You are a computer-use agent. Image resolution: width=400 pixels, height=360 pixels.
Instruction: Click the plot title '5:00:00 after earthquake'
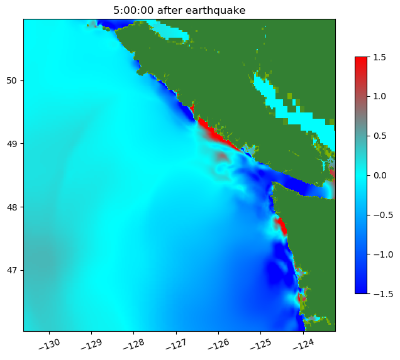[x=179, y=10]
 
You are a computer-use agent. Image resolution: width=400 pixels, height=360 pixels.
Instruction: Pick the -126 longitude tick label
[x=219, y=344]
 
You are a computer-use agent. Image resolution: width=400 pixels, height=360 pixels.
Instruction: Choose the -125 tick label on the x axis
[x=261, y=344]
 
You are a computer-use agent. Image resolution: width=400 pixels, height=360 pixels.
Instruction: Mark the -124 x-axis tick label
[x=304, y=344]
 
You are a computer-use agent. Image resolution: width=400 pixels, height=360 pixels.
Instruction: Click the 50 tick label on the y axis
[x=13, y=80]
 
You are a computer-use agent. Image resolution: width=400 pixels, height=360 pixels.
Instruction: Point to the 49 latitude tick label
[x=13, y=144]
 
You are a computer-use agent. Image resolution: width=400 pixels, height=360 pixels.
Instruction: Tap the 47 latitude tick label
[x=13, y=270]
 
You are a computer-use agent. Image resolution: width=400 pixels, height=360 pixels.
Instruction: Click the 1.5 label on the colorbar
[x=379, y=57]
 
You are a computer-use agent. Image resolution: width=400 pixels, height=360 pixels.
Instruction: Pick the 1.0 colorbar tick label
[x=379, y=96]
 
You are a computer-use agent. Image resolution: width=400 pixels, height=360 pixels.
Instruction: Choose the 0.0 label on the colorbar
[x=379, y=175]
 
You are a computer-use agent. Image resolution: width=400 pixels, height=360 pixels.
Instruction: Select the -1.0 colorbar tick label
[x=377, y=254]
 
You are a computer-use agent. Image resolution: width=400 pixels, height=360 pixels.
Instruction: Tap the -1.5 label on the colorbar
[x=377, y=293]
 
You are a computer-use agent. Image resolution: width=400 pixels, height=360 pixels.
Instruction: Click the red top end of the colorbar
[x=361, y=60]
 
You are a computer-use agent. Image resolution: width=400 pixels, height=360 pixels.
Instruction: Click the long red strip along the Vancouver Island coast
[x=216, y=134]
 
